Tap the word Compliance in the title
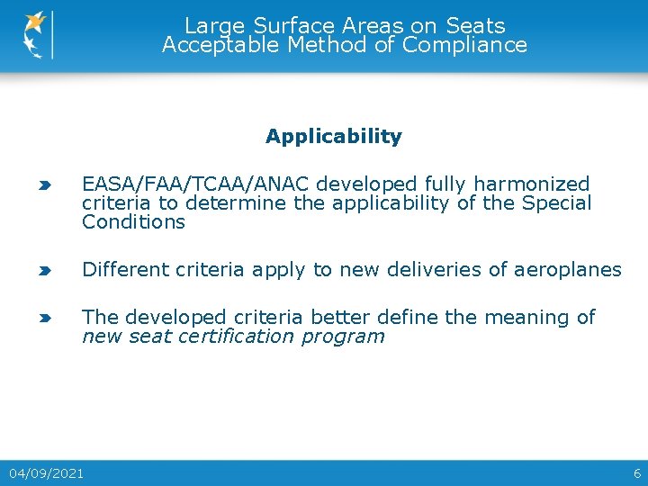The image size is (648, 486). pyautogui.click(x=464, y=45)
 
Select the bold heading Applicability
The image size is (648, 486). pyautogui.click(x=333, y=137)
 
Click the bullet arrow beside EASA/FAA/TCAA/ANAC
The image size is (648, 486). pyautogui.click(x=44, y=185)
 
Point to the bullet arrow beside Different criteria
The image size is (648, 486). pyautogui.click(x=44, y=270)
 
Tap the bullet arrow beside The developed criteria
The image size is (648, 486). pyautogui.click(x=44, y=318)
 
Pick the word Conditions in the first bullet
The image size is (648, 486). pyautogui.click(x=133, y=222)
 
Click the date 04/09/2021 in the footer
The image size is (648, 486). pyautogui.click(x=47, y=472)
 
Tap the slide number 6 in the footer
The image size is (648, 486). pyautogui.click(x=637, y=472)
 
